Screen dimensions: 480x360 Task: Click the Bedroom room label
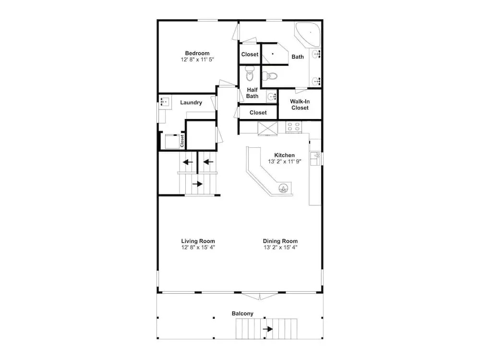(x=197, y=53)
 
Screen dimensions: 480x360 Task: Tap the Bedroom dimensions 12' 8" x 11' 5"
(x=197, y=60)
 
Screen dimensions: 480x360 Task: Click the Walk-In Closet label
(x=300, y=104)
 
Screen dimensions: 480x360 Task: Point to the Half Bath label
(x=252, y=93)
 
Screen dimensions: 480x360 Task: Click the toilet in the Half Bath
(x=250, y=73)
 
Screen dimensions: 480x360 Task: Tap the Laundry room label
(x=191, y=103)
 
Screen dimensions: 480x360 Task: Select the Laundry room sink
(x=165, y=101)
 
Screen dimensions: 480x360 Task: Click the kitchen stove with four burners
(x=293, y=127)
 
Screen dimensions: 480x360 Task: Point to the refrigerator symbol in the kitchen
(x=267, y=128)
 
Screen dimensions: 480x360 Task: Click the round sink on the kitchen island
(x=284, y=189)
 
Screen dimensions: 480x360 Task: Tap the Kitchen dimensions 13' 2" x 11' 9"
(x=285, y=161)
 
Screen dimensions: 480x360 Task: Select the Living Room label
(x=198, y=241)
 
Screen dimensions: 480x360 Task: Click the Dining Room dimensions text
(x=280, y=247)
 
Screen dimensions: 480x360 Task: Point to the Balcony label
(x=242, y=313)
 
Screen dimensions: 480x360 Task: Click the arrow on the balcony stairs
(x=268, y=329)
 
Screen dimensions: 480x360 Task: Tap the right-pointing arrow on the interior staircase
(x=197, y=184)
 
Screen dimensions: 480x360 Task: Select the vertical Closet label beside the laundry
(x=182, y=141)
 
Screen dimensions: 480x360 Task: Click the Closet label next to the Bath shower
(x=250, y=54)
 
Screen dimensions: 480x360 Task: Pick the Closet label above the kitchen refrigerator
(x=258, y=113)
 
